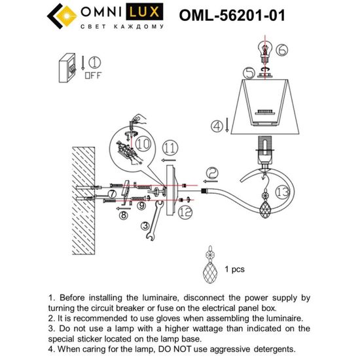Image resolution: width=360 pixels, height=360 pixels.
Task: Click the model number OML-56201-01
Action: [232, 16]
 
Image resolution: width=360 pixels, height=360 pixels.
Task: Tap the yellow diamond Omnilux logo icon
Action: [66, 16]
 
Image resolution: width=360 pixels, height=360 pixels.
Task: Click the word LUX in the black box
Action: [145, 12]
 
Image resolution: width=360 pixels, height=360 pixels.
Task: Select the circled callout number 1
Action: [95, 62]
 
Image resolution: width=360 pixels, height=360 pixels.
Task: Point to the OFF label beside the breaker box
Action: [93, 75]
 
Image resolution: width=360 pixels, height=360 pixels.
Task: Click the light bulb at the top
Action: [265, 50]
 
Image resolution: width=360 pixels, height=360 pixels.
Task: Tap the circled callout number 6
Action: [281, 50]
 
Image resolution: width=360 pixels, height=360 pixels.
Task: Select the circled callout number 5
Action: [249, 73]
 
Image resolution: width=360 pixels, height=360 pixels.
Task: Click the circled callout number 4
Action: [217, 126]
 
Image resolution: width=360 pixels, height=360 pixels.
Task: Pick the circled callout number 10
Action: [143, 144]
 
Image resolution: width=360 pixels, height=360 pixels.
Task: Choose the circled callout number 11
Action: [170, 148]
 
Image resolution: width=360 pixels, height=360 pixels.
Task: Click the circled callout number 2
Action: [212, 173]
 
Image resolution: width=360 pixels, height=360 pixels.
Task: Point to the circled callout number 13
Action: [283, 192]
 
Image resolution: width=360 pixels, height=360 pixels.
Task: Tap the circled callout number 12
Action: [185, 211]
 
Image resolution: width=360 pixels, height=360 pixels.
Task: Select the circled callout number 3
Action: [145, 226]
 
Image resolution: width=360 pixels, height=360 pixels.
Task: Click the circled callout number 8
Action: [124, 215]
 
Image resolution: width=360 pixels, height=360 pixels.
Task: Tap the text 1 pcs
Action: [234, 269]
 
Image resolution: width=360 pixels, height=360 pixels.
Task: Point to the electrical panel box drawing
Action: [67, 67]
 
